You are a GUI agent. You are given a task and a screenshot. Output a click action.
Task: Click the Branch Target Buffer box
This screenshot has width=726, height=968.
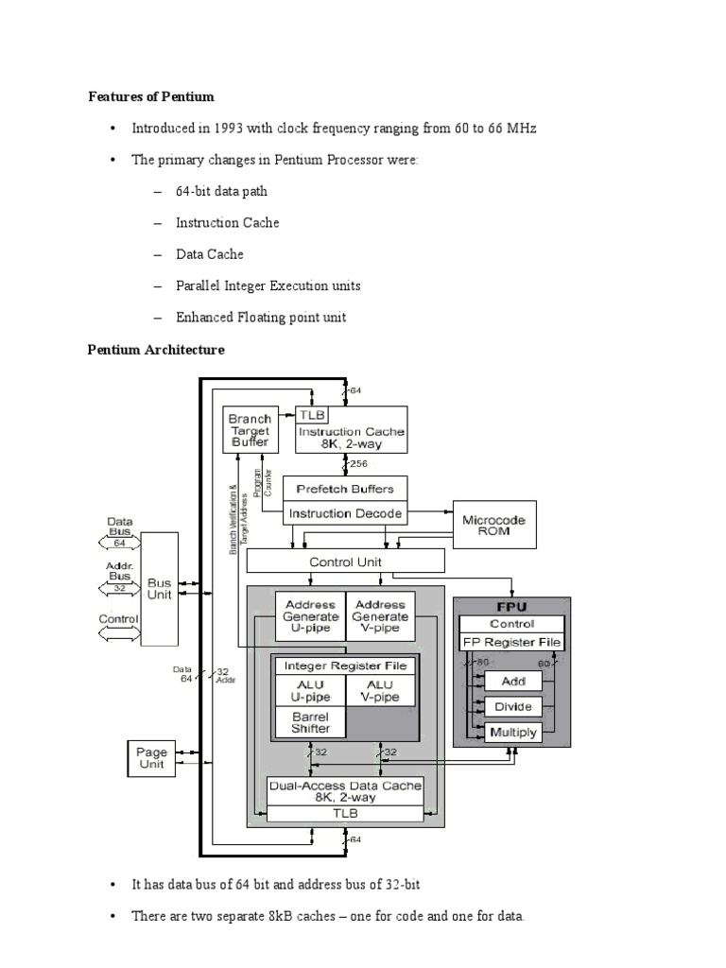(x=249, y=429)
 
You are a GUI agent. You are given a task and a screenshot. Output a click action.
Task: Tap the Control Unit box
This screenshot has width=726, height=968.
(x=345, y=561)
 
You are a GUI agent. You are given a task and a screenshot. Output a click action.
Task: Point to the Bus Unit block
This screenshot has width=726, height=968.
(x=159, y=590)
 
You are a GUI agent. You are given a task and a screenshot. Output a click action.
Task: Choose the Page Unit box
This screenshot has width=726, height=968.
(x=151, y=758)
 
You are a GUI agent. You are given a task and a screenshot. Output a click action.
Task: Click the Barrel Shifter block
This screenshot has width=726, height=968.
(x=310, y=723)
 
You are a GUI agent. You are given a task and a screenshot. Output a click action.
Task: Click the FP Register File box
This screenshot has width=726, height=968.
(x=510, y=643)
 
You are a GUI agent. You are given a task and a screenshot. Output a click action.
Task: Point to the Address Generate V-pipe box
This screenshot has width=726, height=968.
(x=380, y=616)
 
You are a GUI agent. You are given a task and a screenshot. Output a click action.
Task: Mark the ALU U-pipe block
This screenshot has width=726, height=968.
(x=310, y=690)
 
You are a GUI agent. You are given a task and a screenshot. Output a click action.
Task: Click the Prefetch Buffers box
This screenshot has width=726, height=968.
(x=345, y=489)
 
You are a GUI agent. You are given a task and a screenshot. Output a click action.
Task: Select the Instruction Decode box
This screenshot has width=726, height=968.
(x=345, y=514)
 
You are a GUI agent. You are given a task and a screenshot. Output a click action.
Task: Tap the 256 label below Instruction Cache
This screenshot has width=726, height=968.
(x=358, y=463)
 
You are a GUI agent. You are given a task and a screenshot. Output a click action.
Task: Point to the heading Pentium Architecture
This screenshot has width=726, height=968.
(x=156, y=350)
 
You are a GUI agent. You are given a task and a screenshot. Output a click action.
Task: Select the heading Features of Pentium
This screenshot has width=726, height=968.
(x=151, y=96)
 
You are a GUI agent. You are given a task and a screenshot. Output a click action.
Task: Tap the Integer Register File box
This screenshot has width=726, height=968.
(x=345, y=665)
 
